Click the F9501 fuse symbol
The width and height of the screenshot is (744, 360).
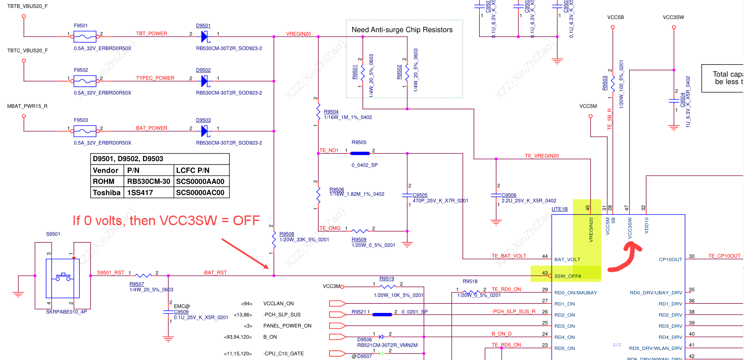(x=85, y=37)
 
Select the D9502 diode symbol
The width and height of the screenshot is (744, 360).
(x=205, y=81)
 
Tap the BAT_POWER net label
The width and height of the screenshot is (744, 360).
(x=151, y=128)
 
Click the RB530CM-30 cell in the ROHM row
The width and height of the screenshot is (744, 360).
(x=148, y=181)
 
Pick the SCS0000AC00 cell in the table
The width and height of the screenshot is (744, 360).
(x=200, y=193)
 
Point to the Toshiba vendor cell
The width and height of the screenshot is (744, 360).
(x=107, y=193)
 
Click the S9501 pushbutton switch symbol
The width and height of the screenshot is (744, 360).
(x=63, y=276)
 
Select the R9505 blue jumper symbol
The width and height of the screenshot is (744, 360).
(x=360, y=154)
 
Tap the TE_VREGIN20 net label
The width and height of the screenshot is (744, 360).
(x=541, y=156)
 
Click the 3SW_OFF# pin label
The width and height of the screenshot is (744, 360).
(x=567, y=276)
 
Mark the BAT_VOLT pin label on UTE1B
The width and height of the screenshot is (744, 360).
(x=567, y=259)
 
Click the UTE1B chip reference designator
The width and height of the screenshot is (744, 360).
(x=559, y=209)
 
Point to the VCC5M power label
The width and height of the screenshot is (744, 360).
(x=588, y=106)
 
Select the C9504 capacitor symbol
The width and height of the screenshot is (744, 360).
(x=674, y=101)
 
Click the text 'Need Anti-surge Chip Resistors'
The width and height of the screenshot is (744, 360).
(x=402, y=30)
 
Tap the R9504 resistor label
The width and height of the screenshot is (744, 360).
(x=331, y=112)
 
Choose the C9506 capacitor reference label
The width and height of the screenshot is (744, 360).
(x=509, y=195)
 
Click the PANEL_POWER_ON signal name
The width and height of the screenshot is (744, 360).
(x=287, y=326)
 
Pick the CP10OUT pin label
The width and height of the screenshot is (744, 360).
(x=670, y=259)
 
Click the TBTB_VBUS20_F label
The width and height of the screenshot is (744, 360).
(x=27, y=6)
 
